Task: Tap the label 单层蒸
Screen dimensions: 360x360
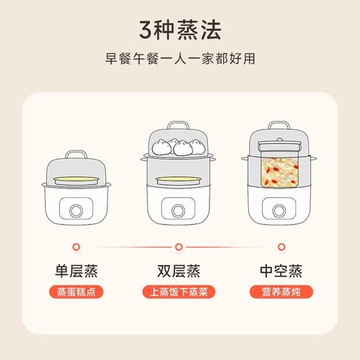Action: pos(76,271)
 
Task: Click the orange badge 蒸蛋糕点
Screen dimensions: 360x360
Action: pos(76,293)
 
